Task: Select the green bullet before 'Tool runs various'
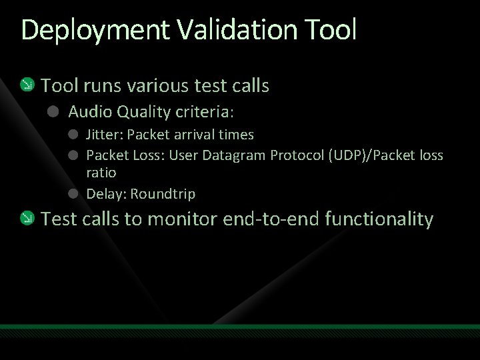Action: (27, 85)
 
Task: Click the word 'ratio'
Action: (101, 173)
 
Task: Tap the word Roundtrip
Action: (163, 194)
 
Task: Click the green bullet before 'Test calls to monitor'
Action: (27, 218)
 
